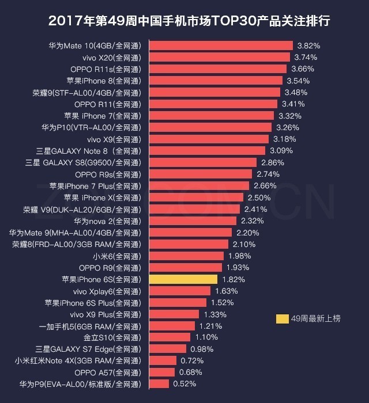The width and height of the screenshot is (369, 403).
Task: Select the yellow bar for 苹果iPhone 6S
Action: pos(183,279)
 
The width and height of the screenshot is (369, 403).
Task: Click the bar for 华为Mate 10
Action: pos(221,45)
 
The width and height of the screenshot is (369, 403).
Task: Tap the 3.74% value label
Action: pos(306,57)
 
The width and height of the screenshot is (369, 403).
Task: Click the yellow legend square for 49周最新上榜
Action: pos(283,318)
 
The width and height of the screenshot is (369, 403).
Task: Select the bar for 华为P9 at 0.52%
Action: pos(160,383)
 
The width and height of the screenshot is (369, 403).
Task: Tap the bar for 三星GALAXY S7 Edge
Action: pos(168,349)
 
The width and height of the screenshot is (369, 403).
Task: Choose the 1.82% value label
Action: pos(233,279)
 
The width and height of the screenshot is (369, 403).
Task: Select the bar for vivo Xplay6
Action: pos(180,291)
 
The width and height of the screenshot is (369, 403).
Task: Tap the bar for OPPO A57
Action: pos(163,372)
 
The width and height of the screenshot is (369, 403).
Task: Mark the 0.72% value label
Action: pos(192,360)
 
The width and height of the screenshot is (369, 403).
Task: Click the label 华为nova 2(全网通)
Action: pos(107,220)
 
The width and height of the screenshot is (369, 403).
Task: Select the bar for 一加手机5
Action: pos(172,326)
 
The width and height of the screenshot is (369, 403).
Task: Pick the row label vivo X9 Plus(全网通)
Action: pos(106,314)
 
